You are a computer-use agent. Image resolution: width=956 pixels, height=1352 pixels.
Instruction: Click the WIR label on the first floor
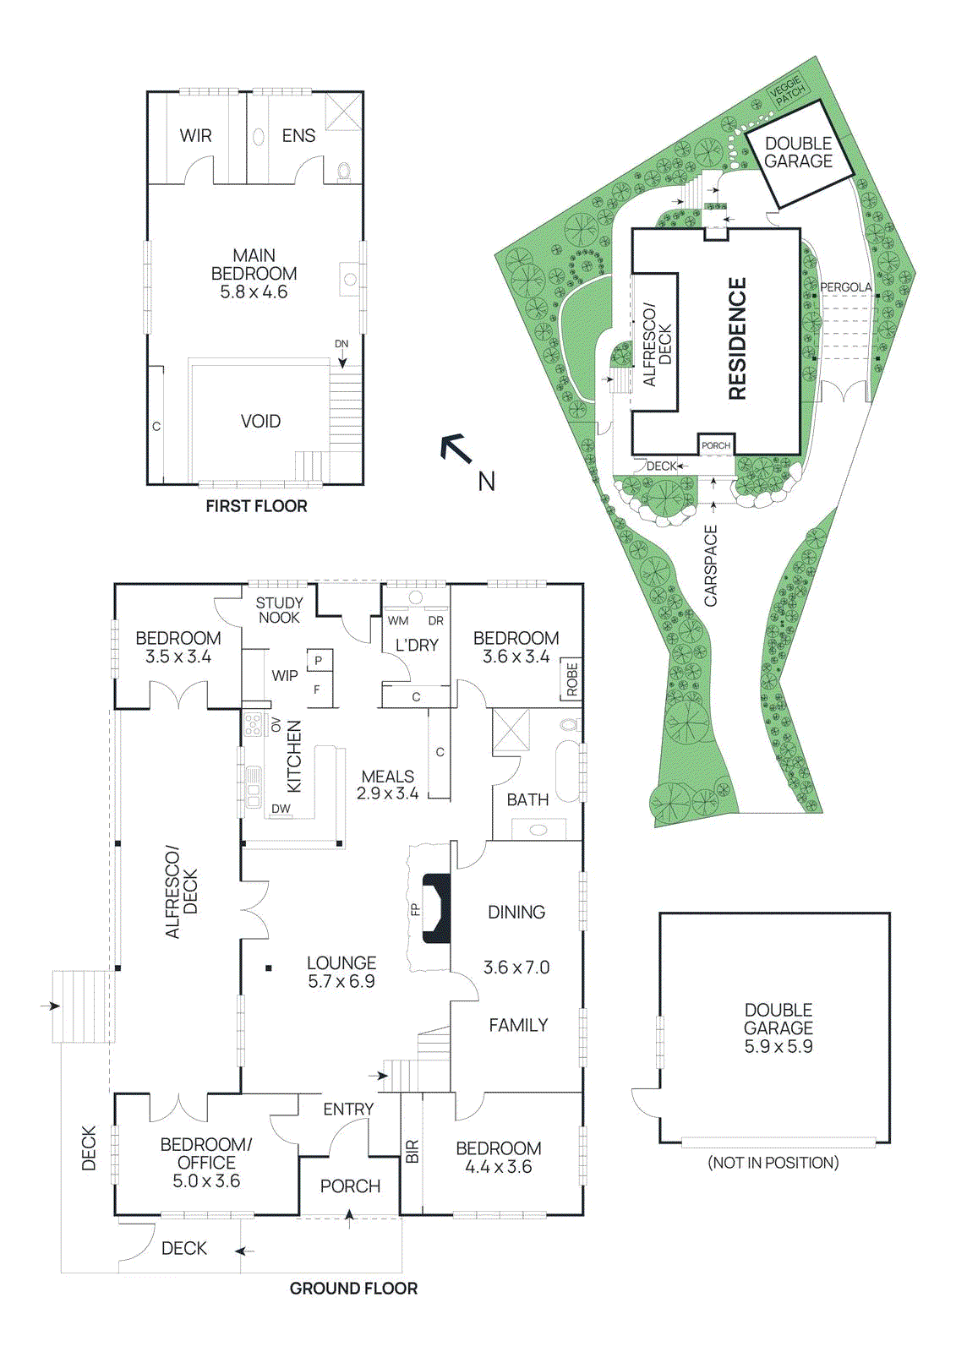pos(195,136)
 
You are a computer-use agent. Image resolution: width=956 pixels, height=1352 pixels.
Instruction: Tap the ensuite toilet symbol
pos(344,172)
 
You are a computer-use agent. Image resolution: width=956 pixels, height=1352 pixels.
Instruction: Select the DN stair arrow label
pos(341,344)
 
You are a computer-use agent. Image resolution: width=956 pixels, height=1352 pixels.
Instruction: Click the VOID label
pos(260,421)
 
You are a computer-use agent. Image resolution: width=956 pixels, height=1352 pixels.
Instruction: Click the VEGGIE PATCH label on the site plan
pos(788,90)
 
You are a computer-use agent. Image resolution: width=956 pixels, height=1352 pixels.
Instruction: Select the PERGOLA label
pos(845,287)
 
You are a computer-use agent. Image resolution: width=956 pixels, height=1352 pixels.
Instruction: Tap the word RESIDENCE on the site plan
pos(737,338)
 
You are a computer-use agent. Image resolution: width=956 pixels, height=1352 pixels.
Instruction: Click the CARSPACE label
pos(711,565)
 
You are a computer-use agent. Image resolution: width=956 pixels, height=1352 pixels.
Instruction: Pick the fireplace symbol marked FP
pos(436,908)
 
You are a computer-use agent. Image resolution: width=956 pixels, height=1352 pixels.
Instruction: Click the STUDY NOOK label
pos(279,610)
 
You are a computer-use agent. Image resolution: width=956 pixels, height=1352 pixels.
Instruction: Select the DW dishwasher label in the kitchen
pos(281,809)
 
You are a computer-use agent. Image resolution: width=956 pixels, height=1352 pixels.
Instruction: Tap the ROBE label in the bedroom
pos(572,679)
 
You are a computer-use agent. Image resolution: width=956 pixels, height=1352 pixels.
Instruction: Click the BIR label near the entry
pos(412,1151)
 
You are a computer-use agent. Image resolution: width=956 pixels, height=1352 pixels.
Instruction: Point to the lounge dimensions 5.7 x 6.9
pos(341,982)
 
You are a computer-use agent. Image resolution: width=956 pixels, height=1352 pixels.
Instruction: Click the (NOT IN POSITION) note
pos(773,1163)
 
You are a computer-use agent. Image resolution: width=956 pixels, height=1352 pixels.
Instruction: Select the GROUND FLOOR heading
pos(353,1289)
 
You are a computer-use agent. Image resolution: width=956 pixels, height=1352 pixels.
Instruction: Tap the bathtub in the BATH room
pos(567,771)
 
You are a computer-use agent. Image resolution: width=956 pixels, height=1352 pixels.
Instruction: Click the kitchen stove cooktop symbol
pos(253,725)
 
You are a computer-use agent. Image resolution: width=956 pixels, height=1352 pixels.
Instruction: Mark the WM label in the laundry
pos(398,620)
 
